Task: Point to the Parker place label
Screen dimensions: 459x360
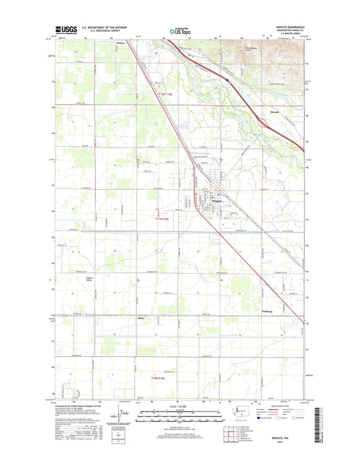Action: click(x=121, y=44)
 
